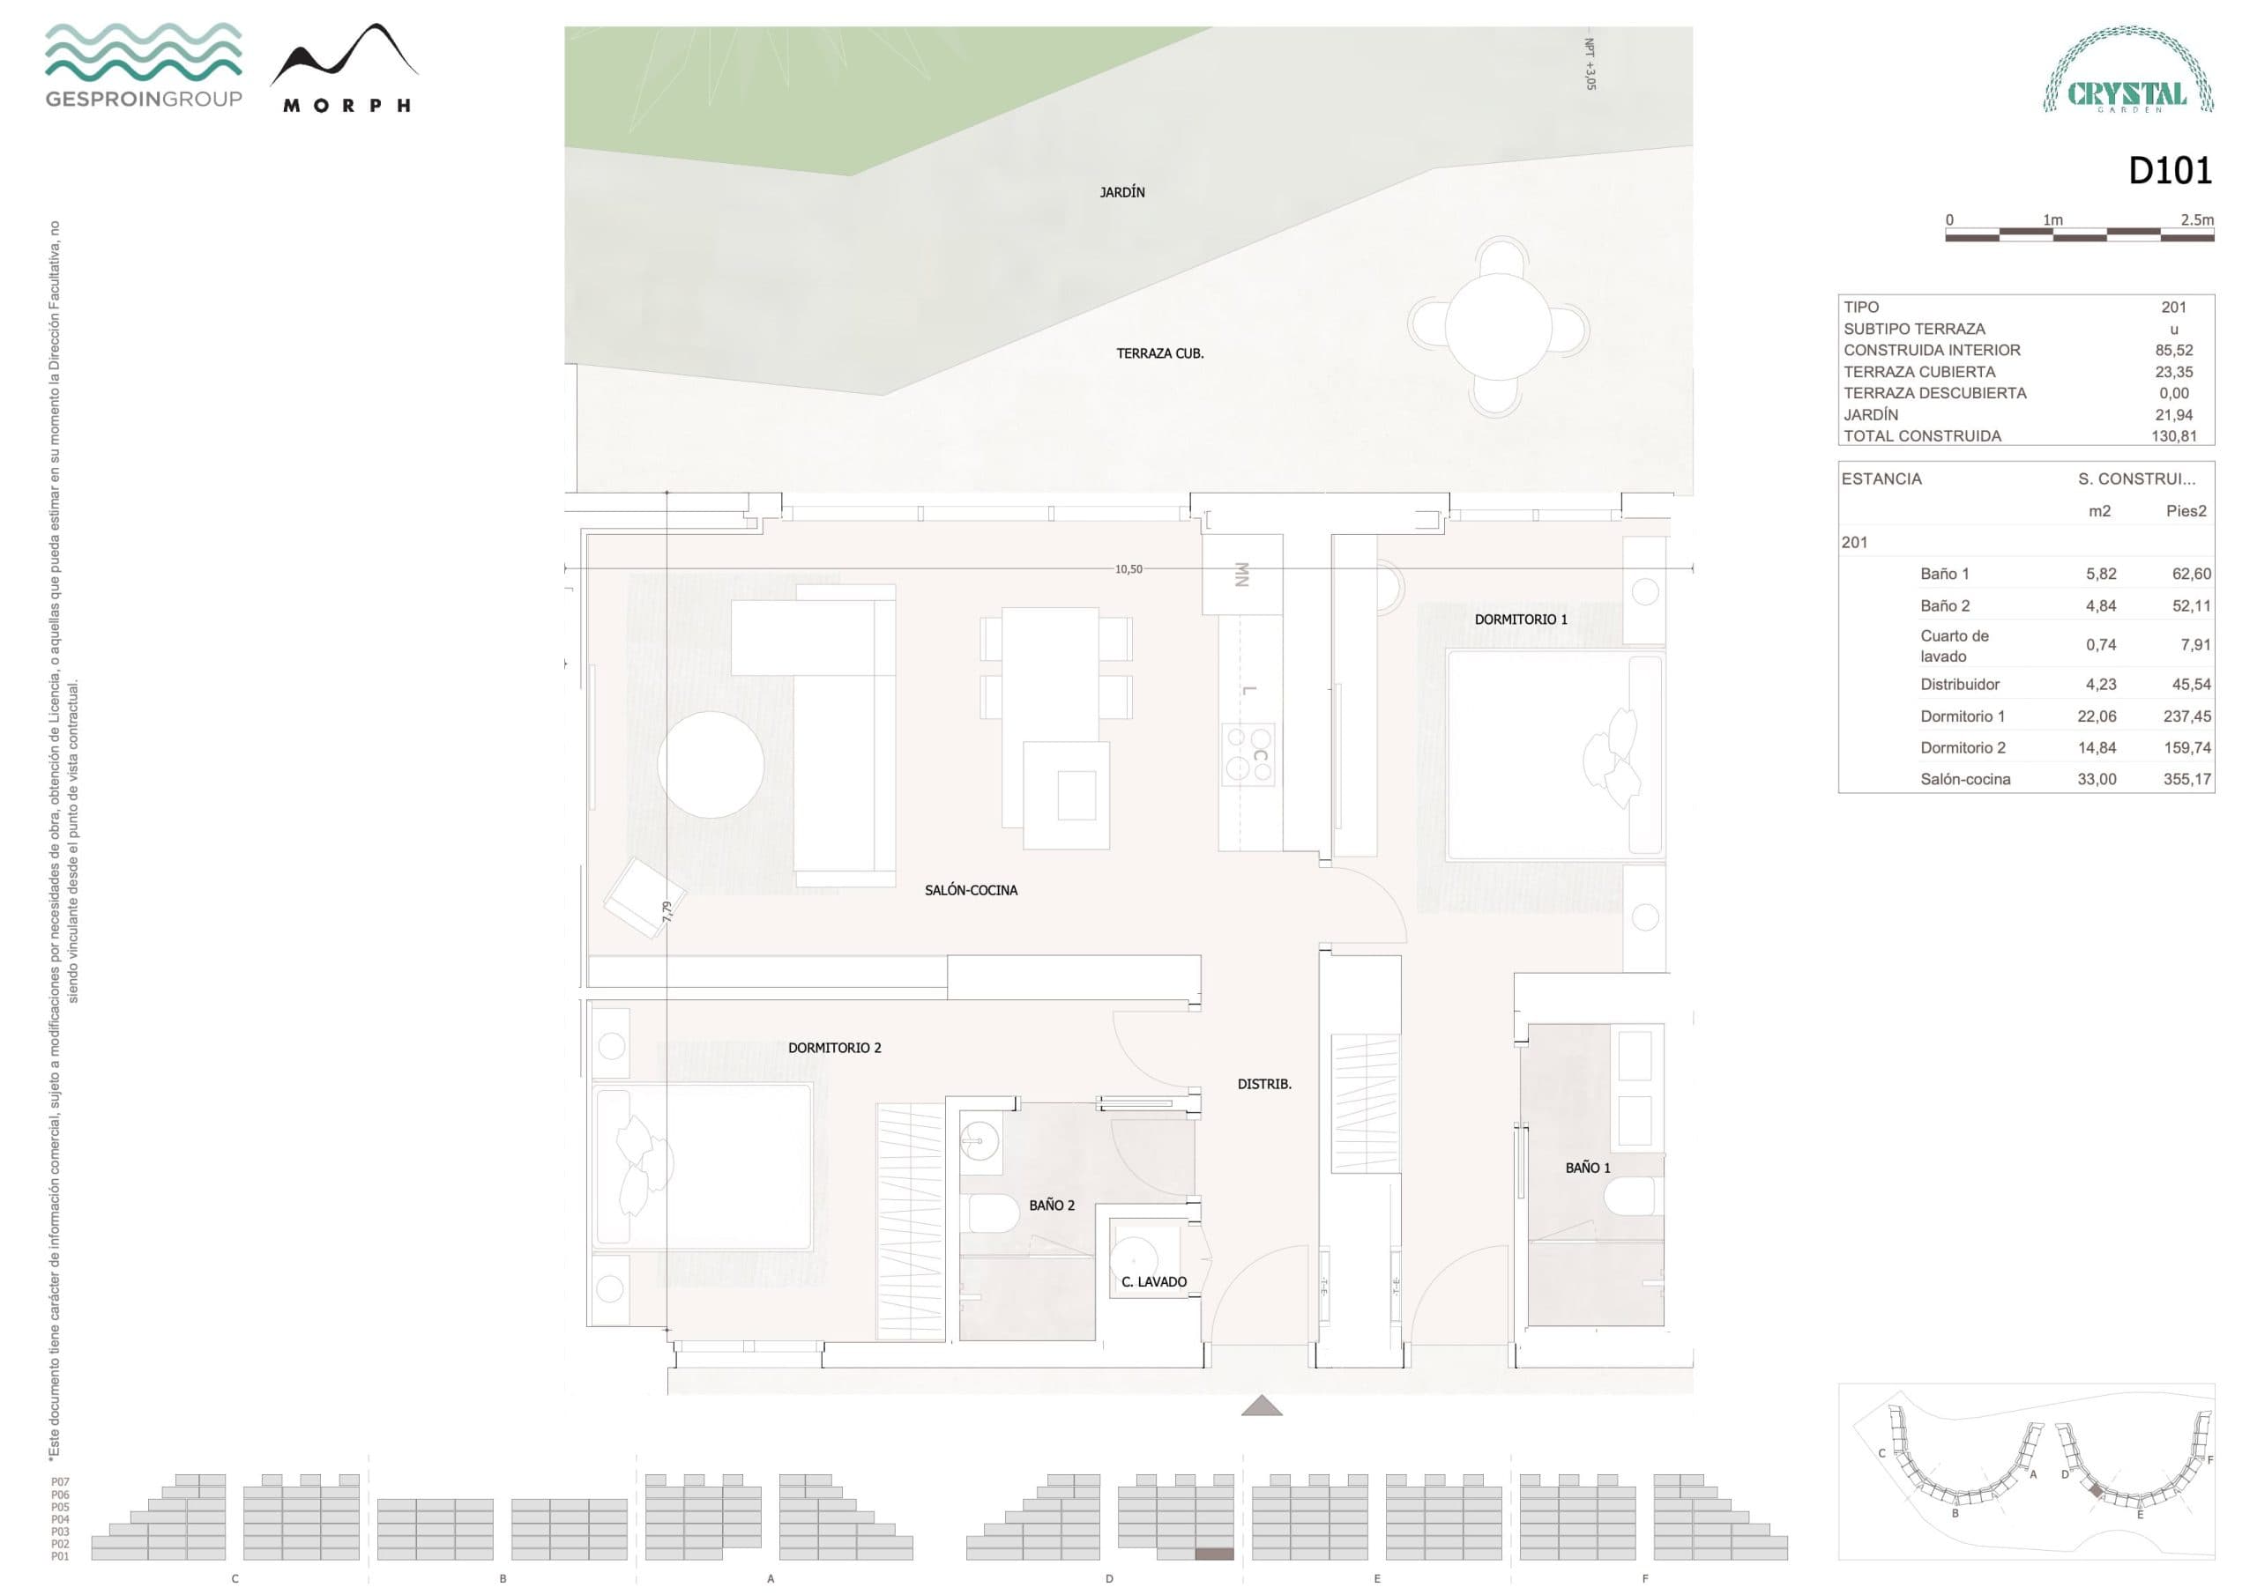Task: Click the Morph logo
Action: (345, 69)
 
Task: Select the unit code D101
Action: (2170, 171)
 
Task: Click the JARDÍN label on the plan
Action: (1121, 193)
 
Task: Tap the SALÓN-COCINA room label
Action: (970, 890)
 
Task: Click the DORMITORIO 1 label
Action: (1520, 619)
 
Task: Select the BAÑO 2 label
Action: (1051, 1205)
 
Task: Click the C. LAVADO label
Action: (1153, 1281)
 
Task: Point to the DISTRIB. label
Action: (1264, 1084)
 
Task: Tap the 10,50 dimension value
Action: (1128, 569)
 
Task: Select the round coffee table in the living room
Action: (710, 765)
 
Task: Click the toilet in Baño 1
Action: (1631, 1197)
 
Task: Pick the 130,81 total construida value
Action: (2172, 435)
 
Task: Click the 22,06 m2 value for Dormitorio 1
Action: (2096, 716)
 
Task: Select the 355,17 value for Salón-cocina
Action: (2186, 779)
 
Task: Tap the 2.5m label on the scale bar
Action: (2196, 220)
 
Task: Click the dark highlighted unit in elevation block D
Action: (1213, 1554)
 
